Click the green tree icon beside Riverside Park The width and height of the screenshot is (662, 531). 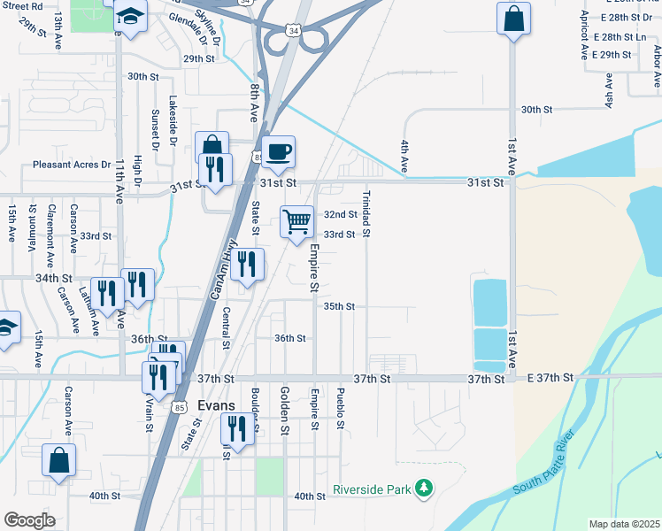point(425,489)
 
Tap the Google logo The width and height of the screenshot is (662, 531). point(30,520)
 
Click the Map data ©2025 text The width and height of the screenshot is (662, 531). point(623,524)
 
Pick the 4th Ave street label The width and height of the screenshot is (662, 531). point(404,156)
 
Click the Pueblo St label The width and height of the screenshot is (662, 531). point(340,408)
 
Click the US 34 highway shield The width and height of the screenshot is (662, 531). point(292,31)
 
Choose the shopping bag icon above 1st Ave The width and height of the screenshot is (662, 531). point(513,19)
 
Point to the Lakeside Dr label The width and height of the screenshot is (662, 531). point(173,121)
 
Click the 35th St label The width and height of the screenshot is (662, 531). point(339,306)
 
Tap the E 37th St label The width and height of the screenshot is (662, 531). point(550,379)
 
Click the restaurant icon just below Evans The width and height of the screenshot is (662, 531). point(237,428)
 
